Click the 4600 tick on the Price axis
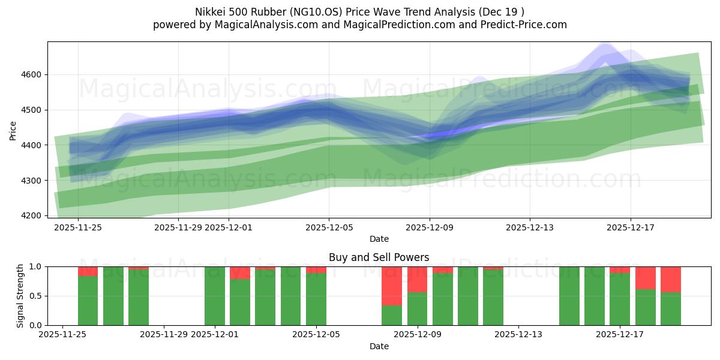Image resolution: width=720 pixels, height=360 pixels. [x=33, y=74]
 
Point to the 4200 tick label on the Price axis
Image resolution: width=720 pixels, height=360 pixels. [x=33, y=215]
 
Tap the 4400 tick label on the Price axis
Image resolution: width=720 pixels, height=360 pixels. [x=33, y=145]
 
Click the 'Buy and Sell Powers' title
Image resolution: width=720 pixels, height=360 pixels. [x=379, y=257]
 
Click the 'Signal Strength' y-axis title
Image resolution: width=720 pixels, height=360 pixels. [x=21, y=296]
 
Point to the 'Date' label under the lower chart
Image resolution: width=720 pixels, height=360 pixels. [x=379, y=346]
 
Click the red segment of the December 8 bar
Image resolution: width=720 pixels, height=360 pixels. [x=392, y=286]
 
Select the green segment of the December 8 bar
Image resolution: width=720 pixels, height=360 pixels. [x=392, y=315]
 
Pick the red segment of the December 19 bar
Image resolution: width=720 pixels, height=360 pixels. [x=671, y=279]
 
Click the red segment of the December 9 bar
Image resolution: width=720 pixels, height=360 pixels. [x=417, y=279]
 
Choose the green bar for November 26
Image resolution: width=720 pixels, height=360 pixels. [x=88, y=300]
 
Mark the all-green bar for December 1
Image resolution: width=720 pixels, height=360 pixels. [x=215, y=296]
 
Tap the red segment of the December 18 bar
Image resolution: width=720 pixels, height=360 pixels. [x=646, y=278]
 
